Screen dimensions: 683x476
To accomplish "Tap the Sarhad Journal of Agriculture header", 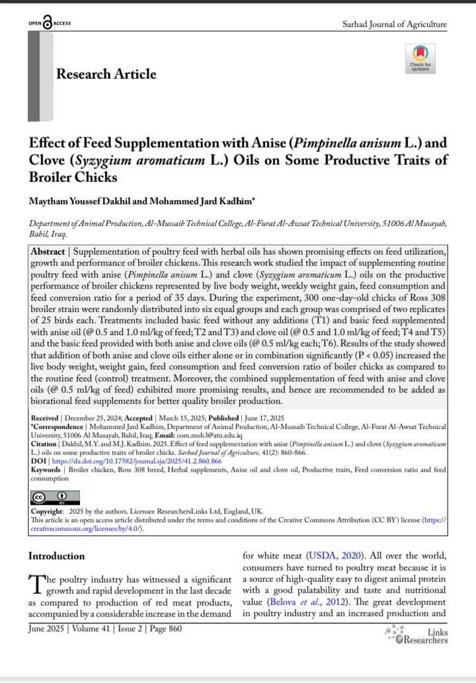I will click(394, 24).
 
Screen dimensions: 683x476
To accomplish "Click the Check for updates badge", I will click(420, 58).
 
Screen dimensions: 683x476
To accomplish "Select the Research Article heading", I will click(106, 74).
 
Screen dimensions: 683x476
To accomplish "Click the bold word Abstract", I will click(48, 252).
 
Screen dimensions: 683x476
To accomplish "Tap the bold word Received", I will click(46, 419).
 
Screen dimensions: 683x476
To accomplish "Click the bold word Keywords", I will click(46, 469).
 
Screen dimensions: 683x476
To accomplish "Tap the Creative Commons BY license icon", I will click(56, 498).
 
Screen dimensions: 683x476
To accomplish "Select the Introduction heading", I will click(57, 556).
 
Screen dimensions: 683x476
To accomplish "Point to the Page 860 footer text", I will click(163, 629).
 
